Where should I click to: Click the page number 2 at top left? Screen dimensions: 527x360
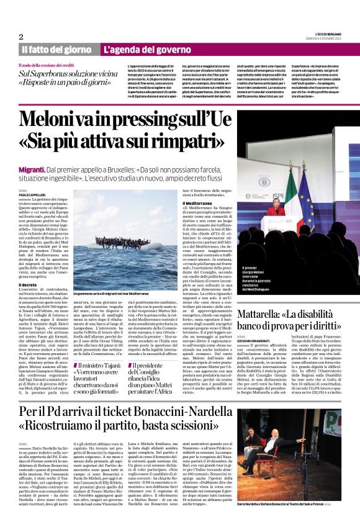(21, 36)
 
